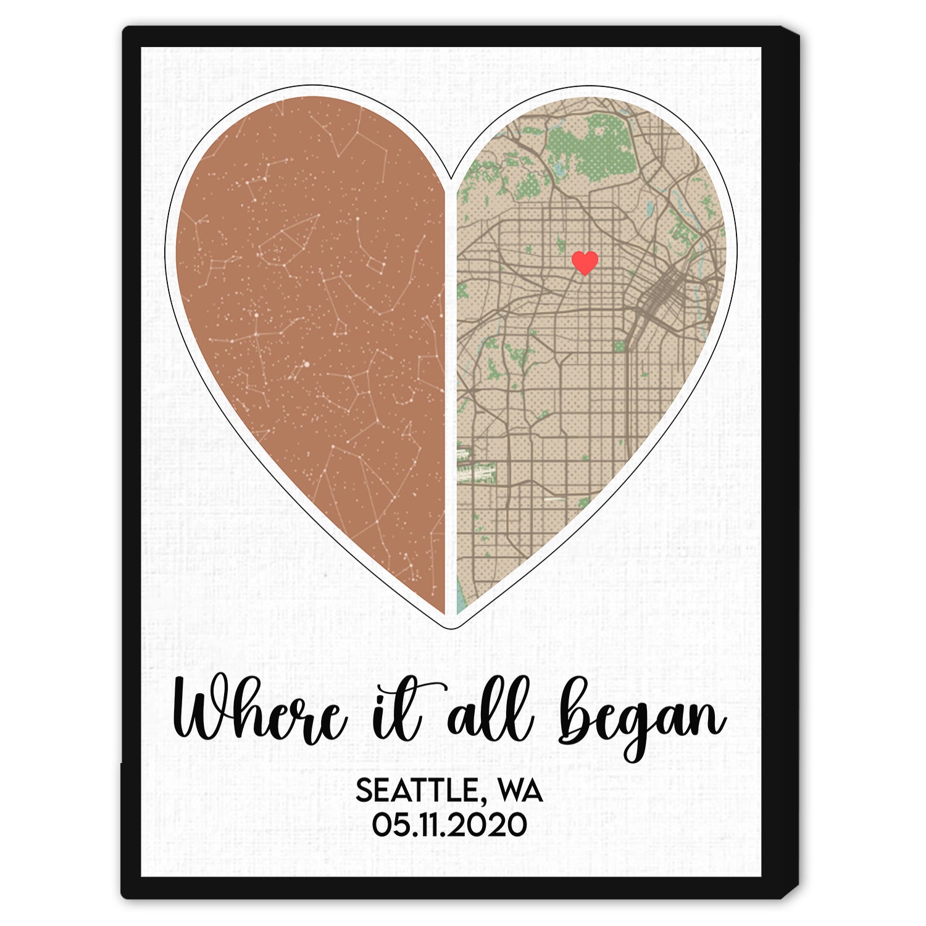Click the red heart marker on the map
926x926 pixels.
point(585,262)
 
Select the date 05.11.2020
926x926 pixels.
point(449,825)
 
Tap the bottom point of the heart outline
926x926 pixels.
point(451,627)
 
